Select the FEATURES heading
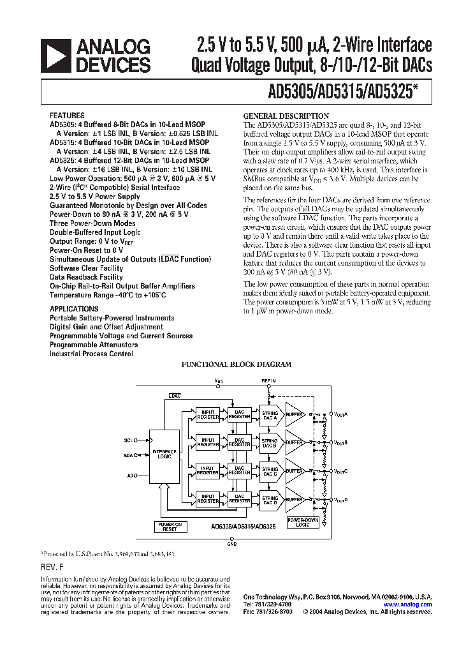pyautogui.click(x=67, y=117)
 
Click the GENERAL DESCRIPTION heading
pyautogui.click(x=277, y=116)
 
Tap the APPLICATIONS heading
pyautogui.click(x=74, y=309)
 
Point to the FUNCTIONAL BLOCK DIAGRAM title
pyautogui.click(x=237, y=364)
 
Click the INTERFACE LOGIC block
pyautogui.click(x=164, y=454)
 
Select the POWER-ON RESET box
pyautogui.click(x=170, y=527)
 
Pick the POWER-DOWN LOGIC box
pyautogui.click(x=303, y=523)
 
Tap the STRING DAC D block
pyautogui.click(x=270, y=500)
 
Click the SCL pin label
pyautogui.click(x=127, y=440)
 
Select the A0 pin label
pyautogui.click(x=129, y=476)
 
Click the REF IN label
pyautogui.click(x=268, y=380)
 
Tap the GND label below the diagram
pyautogui.click(x=231, y=545)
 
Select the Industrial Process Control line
pyautogui.click(x=91, y=354)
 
